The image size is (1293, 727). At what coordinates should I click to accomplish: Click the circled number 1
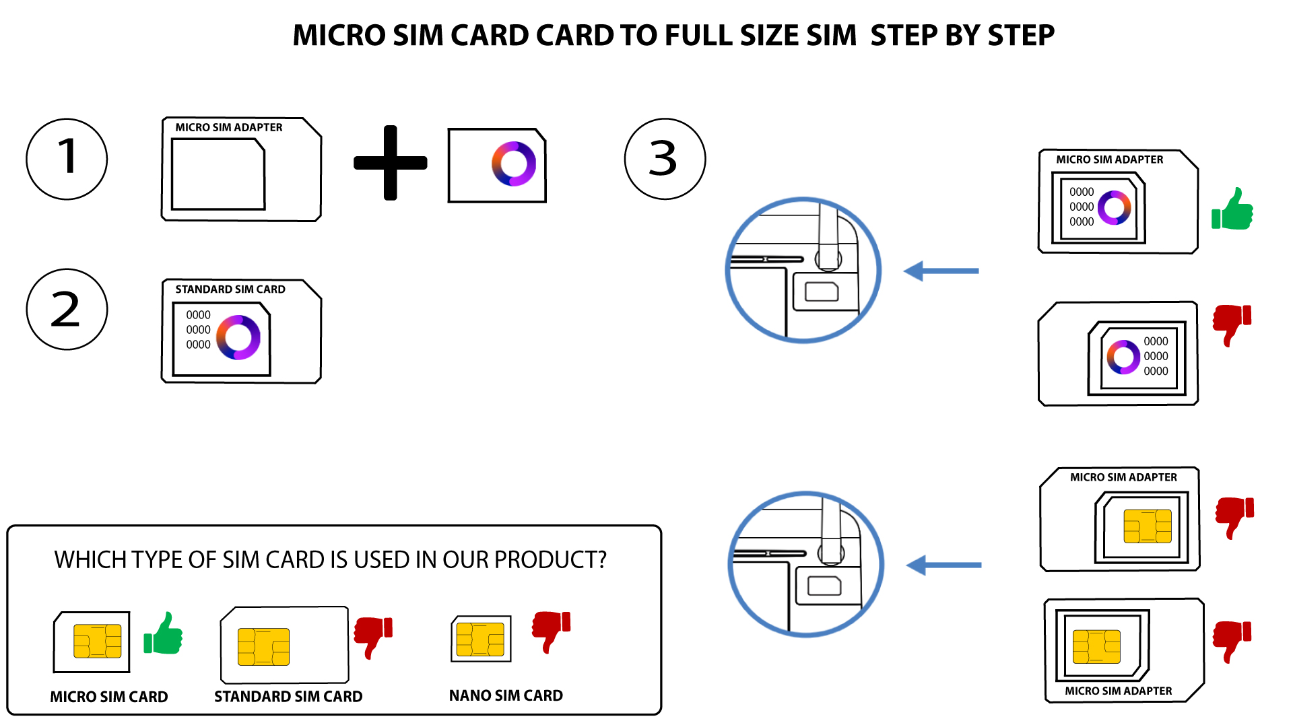[x=67, y=159]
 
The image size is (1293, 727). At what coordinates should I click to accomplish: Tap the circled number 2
[x=67, y=309]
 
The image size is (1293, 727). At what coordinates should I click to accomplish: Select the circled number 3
[x=665, y=159]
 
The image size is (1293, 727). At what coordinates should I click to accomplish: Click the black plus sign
[x=391, y=162]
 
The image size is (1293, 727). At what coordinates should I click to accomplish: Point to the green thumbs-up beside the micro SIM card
[x=163, y=633]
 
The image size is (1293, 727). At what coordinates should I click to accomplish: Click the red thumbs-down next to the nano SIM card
[x=551, y=631]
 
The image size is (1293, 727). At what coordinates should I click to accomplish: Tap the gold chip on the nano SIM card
[x=480, y=639]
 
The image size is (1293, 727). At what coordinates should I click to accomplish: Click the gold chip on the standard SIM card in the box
[x=263, y=647]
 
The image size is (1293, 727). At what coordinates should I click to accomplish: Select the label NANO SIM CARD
[x=506, y=695]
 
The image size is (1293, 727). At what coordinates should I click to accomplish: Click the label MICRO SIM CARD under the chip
[x=109, y=697]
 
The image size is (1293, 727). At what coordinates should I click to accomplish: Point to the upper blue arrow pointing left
[x=941, y=271]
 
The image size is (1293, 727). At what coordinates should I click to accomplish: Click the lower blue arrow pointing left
[x=943, y=565]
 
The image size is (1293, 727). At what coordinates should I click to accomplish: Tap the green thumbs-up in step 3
[x=1232, y=209]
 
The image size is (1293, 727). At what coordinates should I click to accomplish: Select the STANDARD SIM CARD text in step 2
[x=230, y=289]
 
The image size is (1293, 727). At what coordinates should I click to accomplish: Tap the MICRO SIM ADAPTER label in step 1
[x=229, y=127]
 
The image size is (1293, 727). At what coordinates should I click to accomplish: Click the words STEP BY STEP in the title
[x=962, y=35]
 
